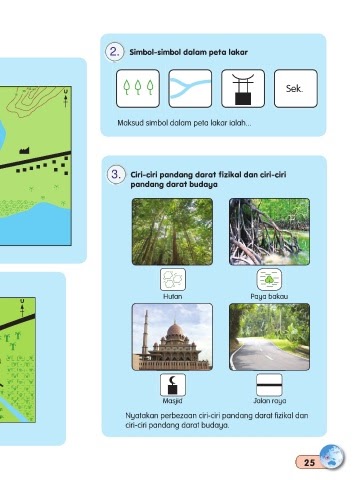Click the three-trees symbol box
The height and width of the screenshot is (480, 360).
(138, 88)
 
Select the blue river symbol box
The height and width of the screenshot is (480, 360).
(190, 88)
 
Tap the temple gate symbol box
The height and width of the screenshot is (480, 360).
(243, 88)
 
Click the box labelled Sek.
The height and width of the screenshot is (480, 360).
(296, 88)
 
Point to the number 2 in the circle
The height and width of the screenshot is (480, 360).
(114, 52)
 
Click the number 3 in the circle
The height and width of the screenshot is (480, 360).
(116, 174)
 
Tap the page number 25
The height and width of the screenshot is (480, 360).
(309, 462)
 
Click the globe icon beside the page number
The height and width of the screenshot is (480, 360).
(332, 457)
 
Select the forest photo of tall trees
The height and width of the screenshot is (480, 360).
(172, 232)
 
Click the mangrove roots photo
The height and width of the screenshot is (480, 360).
(269, 232)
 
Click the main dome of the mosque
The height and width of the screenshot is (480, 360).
(175, 329)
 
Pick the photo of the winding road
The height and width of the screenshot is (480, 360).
(269, 337)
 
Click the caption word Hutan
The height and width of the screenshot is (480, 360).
(172, 296)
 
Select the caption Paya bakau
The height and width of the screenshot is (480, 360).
(269, 296)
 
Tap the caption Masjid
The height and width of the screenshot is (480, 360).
(172, 401)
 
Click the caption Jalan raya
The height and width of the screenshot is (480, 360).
(270, 401)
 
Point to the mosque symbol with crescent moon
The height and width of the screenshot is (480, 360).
(173, 385)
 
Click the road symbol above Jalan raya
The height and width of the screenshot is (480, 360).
(269, 385)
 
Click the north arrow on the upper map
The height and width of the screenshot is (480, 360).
(65, 98)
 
